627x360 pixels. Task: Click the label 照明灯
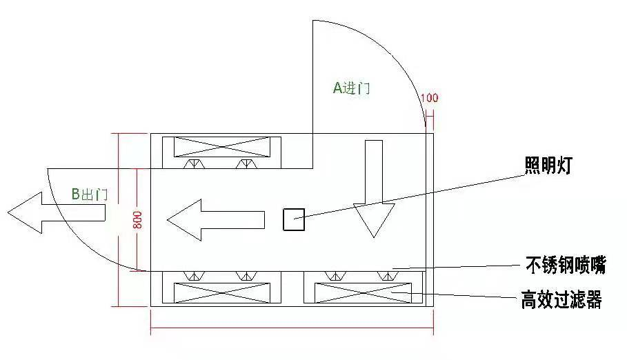pyautogui.click(x=548, y=165)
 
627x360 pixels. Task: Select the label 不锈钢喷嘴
pyautogui.click(x=566, y=265)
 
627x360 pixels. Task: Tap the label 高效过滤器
pyautogui.click(x=561, y=299)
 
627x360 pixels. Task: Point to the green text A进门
pyautogui.click(x=352, y=88)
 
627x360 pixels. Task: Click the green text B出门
pyautogui.click(x=90, y=194)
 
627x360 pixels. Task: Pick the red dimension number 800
pyautogui.click(x=137, y=219)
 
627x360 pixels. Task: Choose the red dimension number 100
pyautogui.click(x=430, y=98)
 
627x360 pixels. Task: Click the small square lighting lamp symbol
pyautogui.click(x=294, y=219)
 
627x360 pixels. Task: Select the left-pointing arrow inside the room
pyautogui.click(x=216, y=220)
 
